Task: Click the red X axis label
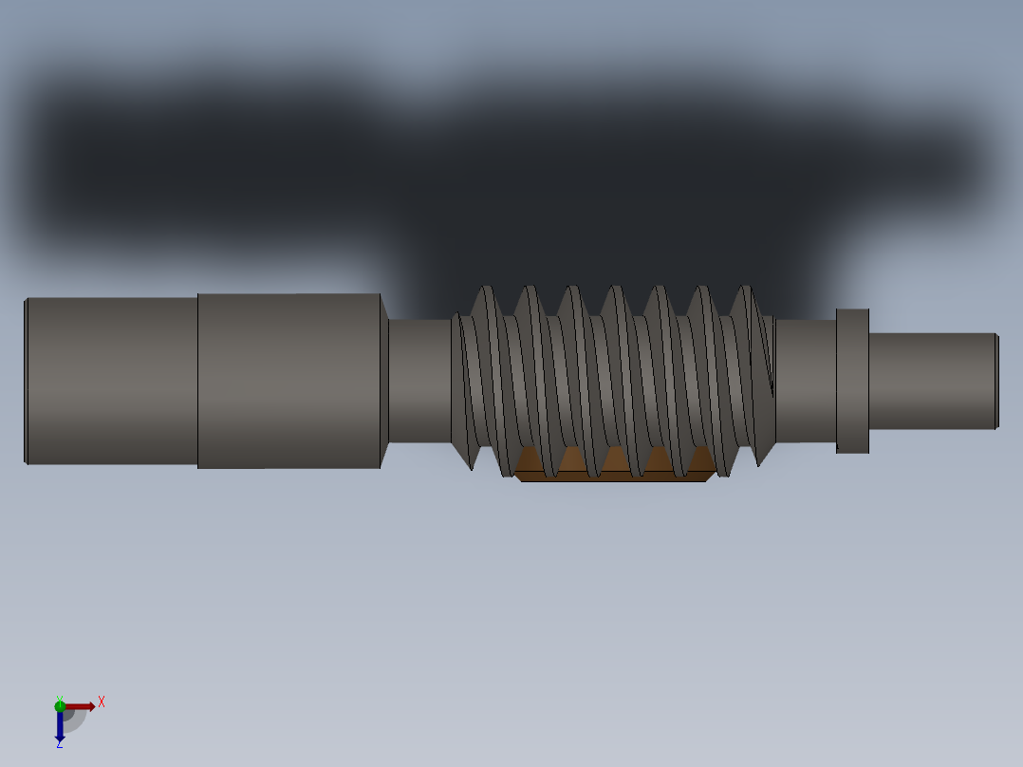(x=102, y=702)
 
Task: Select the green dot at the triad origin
(x=59, y=705)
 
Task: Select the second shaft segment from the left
(x=288, y=381)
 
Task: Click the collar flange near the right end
(x=852, y=381)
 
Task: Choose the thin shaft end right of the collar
(x=930, y=381)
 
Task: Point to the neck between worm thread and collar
(x=805, y=381)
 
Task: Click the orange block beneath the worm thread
(x=613, y=466)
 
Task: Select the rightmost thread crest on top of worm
(x=746, y=290)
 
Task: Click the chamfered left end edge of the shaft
(x=26, y=381)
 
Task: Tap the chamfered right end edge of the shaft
(x=996, y=381)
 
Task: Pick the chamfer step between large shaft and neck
(x=384, y=381)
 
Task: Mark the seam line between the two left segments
(x=197, y=381)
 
